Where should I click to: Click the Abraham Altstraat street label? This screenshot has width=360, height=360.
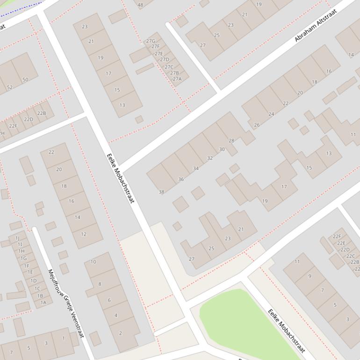[316, 25]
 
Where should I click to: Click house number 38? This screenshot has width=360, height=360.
[161, 192]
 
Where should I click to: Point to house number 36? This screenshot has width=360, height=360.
[181, 179]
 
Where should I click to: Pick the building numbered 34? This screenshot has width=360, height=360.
[195, 168]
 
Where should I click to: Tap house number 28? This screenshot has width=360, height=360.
[231, 141]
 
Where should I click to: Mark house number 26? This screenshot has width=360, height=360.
[257, 125]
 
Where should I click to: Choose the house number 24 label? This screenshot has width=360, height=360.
[271, 114]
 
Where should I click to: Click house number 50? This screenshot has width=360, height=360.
[25, 79]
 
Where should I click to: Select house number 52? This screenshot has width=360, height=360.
[10, 87]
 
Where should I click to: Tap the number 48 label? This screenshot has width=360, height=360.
[140, 5]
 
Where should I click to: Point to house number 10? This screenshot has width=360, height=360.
[93, 262]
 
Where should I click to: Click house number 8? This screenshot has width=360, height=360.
[99, 284]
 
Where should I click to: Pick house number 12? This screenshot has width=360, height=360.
[84, 234]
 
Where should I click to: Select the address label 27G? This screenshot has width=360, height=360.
[151, 41]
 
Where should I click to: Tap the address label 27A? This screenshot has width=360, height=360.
[177, 79]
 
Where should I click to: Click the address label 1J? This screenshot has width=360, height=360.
[17, 238]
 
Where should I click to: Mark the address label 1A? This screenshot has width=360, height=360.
[43, 302]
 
